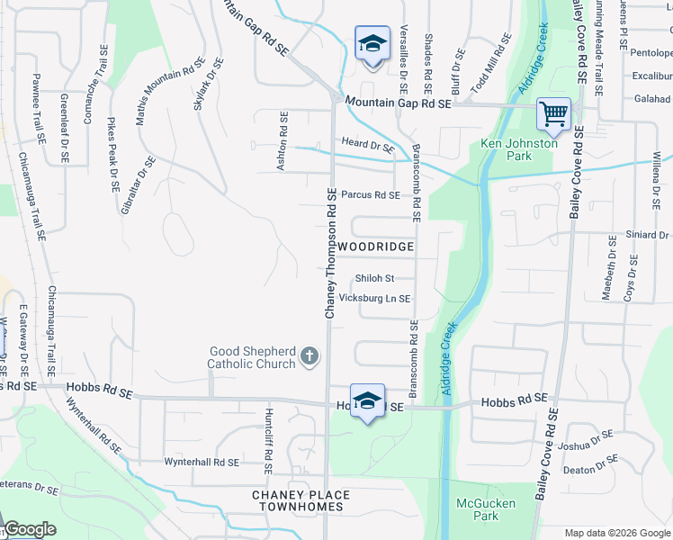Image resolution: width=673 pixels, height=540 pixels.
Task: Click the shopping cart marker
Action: point(553,114)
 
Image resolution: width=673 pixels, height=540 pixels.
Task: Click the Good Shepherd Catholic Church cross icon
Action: point(309,357)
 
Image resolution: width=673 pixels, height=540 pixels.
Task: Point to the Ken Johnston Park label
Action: point(518,149)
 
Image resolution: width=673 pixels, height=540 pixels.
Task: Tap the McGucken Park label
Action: point(477,509)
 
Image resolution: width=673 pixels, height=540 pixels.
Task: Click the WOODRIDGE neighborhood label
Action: point(376,246)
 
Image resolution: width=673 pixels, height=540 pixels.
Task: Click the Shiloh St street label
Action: point(374,278)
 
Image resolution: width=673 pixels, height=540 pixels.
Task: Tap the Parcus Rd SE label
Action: point(370,194)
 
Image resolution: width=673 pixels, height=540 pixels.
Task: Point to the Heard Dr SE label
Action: point(367,144)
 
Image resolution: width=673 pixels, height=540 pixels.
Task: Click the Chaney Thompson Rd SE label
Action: point(330,254)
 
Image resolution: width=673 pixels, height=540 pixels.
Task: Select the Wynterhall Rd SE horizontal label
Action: point(202,462)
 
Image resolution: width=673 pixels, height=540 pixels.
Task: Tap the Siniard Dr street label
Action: point(647,235)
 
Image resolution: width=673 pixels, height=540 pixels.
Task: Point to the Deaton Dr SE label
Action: point(591,469)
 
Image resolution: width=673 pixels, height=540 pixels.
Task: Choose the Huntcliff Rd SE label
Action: point(268,441)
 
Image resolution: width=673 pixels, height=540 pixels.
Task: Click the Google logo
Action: point(30,529)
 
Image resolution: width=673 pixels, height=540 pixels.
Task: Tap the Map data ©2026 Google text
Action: point(617,533)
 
